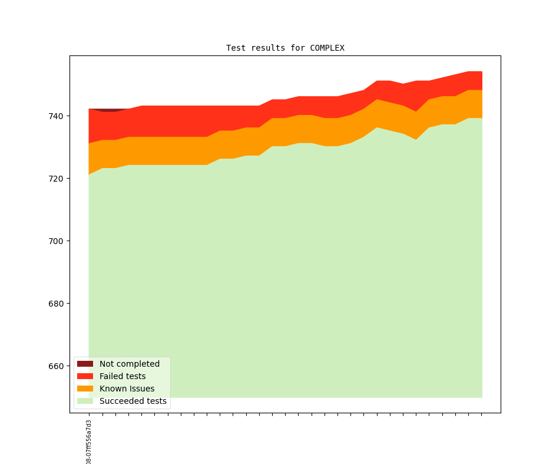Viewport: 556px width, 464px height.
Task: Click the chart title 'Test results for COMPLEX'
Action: pos(285,48)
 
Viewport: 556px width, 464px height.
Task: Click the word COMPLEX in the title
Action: pos(327,48)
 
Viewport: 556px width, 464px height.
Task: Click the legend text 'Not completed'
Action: pos(130,364)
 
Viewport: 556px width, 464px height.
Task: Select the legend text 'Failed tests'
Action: pos(123,376)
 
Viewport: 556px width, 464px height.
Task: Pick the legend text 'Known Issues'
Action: pos(127,389)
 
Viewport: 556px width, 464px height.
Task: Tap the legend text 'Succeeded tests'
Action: pos(133,401)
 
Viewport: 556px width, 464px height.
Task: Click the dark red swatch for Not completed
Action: pos(85,364)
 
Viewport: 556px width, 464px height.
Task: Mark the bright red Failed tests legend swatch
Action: pos(85,376)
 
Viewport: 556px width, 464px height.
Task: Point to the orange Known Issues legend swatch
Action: pos(85,389)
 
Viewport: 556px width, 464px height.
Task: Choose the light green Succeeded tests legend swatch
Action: pos(85,401)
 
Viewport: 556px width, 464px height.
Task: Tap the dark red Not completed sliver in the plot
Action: pos(109,110)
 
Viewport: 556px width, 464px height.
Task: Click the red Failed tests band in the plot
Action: pos(177,121)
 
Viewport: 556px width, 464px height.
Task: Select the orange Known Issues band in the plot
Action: pos(177,151)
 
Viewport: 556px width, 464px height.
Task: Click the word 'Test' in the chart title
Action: pos(236,48)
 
